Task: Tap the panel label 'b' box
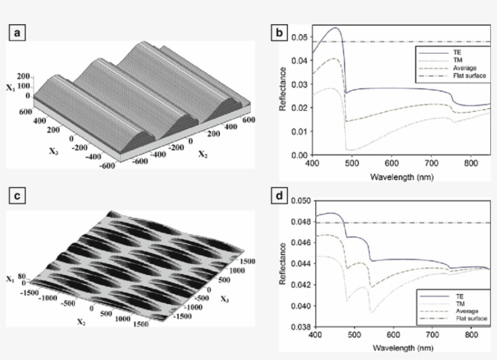[280, 33]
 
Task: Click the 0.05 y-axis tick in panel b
[299, 37]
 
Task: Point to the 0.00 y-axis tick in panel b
[299, 155]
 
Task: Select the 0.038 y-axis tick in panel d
[298, 326]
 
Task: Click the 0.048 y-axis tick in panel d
[298, 222]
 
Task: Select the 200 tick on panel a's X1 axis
[24, 77]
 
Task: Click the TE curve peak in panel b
[336, 28]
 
